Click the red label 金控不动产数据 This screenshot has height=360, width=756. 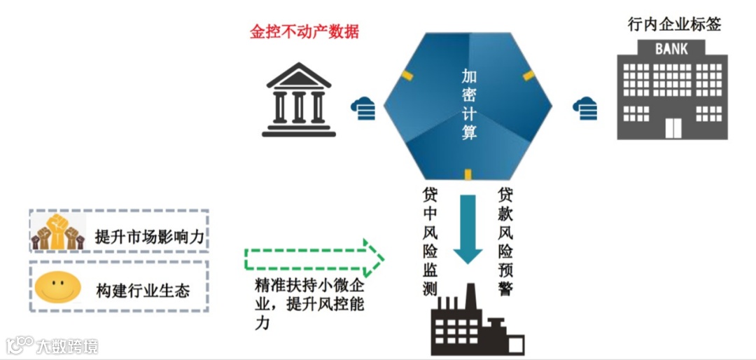[304, 32]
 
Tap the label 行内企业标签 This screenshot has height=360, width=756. [674, 25]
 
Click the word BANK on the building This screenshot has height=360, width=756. [671, 49]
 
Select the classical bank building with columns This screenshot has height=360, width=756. [299, 100]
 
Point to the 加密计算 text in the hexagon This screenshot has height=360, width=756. [469, 104]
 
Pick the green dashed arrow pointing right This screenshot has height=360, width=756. [314, 257]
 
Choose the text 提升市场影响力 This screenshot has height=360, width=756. [149, 237]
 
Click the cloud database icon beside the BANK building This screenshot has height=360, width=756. [585, 108]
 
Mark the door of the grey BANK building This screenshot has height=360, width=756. [673, 128]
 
